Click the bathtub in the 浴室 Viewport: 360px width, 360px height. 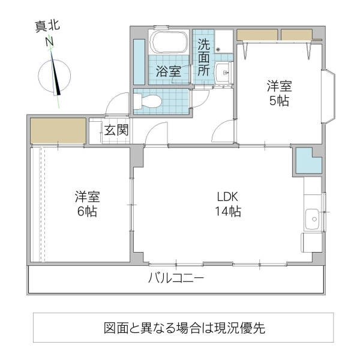click(x=169, y=44)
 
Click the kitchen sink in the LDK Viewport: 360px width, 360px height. click(x=313, y=219)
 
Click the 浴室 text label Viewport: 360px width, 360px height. click(x=168, y=71)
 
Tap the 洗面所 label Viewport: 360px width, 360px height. click(x=203, y=57)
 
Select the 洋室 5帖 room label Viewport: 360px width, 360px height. click(x=279, y=93)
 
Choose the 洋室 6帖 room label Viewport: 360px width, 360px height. click(x=87, y=204)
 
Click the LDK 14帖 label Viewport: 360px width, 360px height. click(x=229, y=204)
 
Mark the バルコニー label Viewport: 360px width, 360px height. click(x=176, y=278)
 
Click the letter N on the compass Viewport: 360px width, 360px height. click(x=50, y=41)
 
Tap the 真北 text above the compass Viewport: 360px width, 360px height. click(x=47, y=26)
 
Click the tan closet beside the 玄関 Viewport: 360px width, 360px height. click(x=58, y=130)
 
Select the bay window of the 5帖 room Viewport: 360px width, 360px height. click(x=331, y=96)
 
